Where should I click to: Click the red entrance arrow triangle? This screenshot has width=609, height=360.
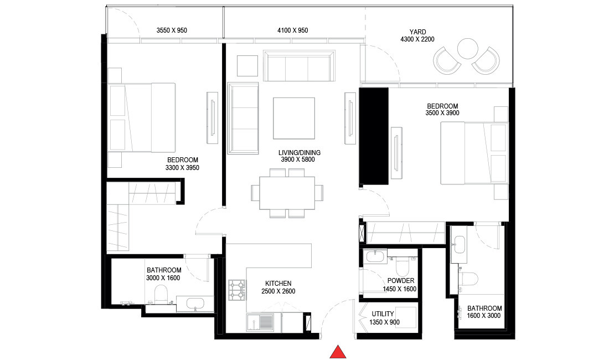(338, 352)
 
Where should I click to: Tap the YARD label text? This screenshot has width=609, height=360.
(418, 32)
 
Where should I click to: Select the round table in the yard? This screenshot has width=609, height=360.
(467, 48)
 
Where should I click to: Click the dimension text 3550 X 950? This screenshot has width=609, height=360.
(172, 30)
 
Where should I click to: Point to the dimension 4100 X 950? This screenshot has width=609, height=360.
(292, 30)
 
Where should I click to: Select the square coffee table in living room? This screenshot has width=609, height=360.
(294, 118)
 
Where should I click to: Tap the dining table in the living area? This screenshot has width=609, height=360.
(287, 193)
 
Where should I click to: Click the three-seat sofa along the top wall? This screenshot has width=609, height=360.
(299, 66)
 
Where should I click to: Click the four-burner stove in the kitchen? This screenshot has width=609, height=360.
(237, 288)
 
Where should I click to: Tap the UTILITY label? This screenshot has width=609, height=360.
(383, 313)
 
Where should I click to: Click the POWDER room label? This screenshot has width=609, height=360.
(401, 281)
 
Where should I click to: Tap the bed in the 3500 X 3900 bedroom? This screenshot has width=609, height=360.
(474, 153)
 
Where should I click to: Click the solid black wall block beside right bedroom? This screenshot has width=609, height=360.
(374, 137)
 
